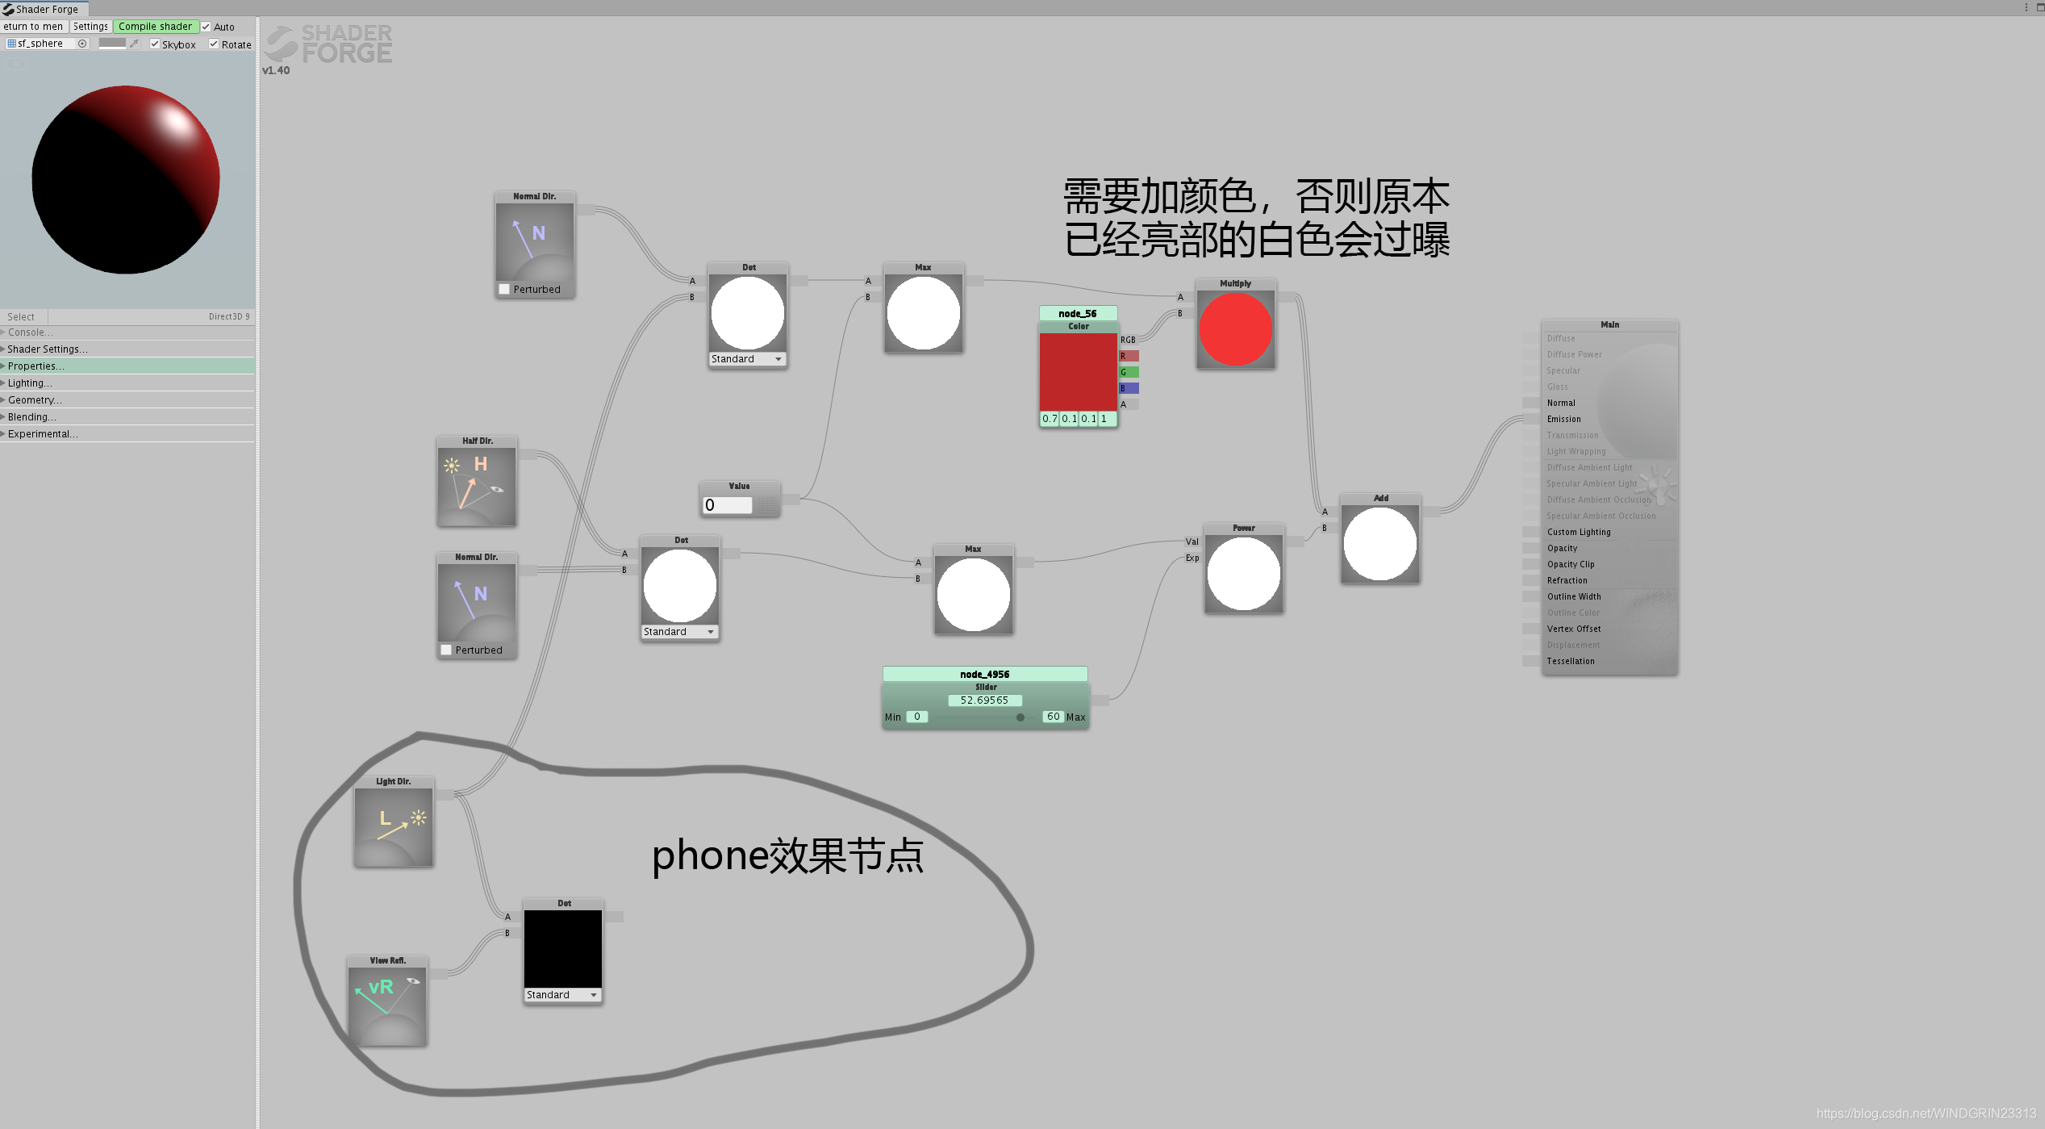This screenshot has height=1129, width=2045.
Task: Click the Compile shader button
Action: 156,27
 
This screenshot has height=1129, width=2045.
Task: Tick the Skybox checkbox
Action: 155,44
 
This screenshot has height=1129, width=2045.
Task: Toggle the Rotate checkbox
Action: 214,44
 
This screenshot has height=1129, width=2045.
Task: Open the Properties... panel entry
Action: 36,366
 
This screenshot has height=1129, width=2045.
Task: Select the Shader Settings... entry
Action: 48,349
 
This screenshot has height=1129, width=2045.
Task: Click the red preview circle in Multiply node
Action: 1235,329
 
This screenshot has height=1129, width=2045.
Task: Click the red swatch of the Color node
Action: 1078,371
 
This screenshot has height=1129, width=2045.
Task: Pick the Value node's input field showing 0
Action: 727,505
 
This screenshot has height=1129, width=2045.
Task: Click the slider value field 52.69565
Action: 984,700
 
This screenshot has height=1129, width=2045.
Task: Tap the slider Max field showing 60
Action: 1053,717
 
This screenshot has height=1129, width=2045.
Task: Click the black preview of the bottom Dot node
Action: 563,949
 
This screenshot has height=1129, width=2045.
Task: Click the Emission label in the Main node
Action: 1563,420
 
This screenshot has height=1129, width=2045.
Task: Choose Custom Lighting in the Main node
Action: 1578,533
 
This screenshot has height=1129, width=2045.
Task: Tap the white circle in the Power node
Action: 1243,574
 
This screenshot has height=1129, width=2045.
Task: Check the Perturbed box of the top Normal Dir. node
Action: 504,290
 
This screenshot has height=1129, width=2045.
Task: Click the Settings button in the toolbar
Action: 90,27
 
